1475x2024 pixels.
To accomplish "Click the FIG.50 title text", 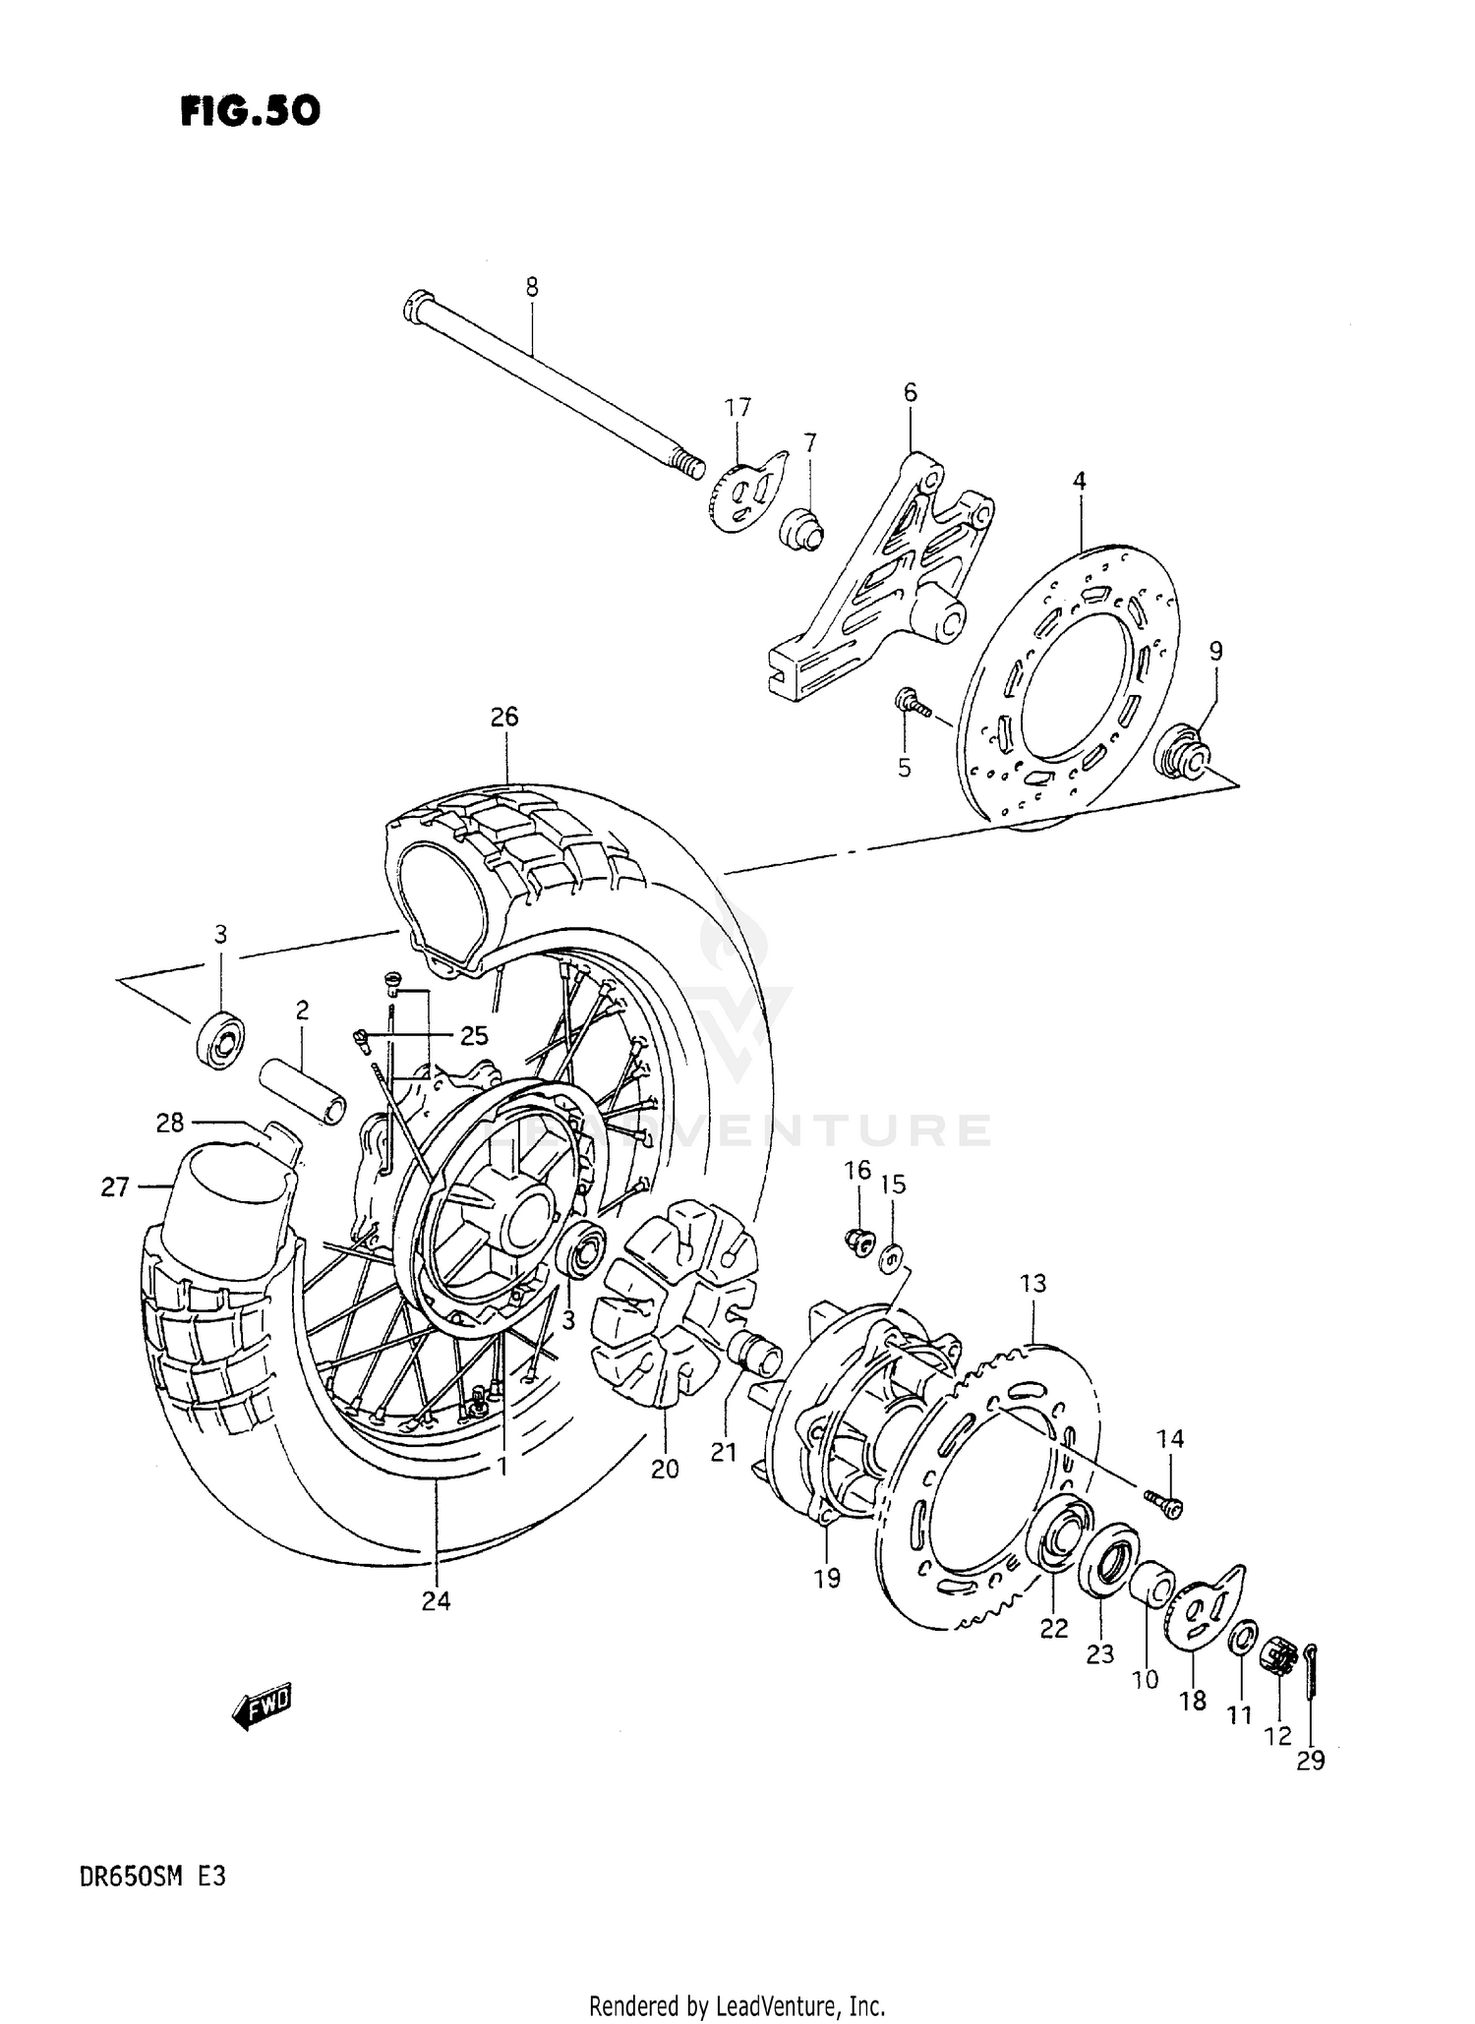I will tap(251, 111).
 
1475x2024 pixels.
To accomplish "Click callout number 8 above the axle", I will tap(531, 288).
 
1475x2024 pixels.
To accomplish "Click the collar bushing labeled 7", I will tap(802, 528).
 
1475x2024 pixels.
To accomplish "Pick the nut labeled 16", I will tap(858, 1243).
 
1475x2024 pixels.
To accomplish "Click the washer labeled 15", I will tap(893, 1258).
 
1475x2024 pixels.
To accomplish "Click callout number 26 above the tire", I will tap(503, 717).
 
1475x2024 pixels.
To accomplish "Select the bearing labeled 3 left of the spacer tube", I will tap(218, 1041).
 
